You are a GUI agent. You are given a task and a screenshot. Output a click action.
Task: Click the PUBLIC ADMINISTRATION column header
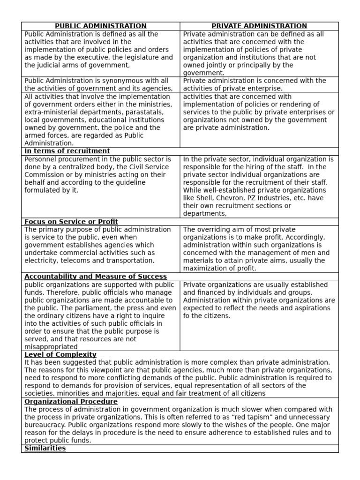[x=101, y=26]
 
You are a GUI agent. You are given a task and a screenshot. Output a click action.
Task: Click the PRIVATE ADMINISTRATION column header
[x=259, y=26]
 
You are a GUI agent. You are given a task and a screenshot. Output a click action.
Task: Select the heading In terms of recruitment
[x=67, y=151]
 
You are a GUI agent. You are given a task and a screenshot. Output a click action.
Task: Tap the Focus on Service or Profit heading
[x=71, y=221]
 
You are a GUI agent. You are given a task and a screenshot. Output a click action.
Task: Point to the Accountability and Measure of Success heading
[x=95, y=277]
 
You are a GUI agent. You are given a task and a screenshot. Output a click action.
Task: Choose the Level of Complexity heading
[x=60, y=354]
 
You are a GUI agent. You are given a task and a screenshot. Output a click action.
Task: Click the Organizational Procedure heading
[x=71, y=402]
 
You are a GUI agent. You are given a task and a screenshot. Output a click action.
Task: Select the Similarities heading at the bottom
[x=45, y=448]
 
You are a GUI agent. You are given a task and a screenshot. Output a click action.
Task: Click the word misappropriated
[x=51, y=347]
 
